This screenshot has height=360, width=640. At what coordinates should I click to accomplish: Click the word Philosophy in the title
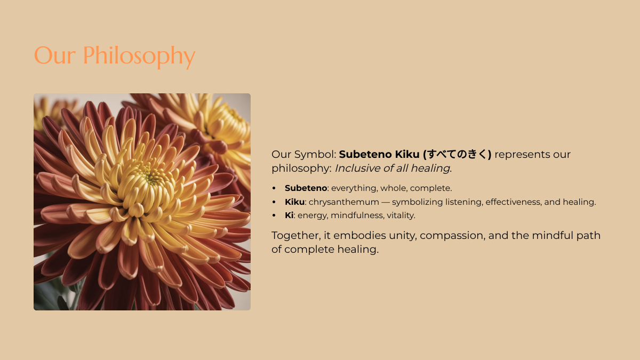pos(139,57)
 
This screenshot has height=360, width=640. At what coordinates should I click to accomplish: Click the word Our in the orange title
pos(55,55)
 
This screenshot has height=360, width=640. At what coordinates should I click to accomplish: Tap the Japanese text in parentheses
pos(457,154)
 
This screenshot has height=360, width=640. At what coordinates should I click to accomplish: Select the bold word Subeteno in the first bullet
pos(306,188)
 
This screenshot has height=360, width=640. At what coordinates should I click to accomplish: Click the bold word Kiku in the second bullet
pos(294,202)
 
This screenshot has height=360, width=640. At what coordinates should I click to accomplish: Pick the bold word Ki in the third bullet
pos(289,215)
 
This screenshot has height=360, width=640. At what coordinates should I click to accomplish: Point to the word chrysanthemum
pos(343,202)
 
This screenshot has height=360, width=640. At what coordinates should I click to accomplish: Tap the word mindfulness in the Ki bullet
pos(357,215)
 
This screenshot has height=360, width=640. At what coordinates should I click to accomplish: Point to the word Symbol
pos(315,155)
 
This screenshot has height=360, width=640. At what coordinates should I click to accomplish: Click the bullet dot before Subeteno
pos(274,188)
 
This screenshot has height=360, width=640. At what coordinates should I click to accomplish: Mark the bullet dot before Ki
pos(274,215)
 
